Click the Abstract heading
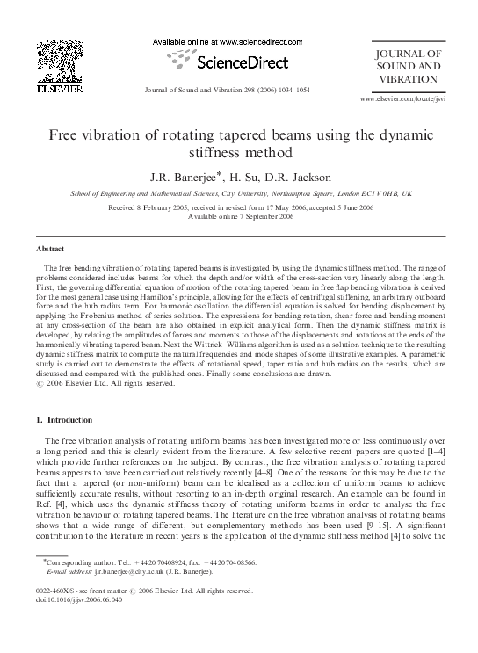tap(45, 250)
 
